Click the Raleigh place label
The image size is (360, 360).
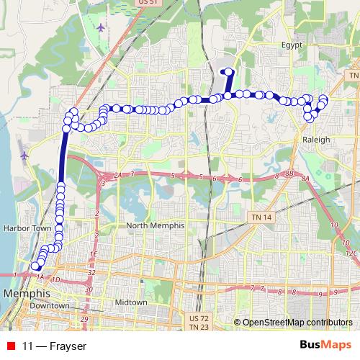pos(317,140)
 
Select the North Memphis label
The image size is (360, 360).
pos(156,225)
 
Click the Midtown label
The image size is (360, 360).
pos(131,302)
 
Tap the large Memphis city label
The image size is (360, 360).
pos(27,294)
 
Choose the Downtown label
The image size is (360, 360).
pos(50,305)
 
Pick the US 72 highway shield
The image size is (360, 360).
pos(197,318)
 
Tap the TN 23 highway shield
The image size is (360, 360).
pos(197,327)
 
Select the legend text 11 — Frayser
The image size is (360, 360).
pos(54,346)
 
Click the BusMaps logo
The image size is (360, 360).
pos(325,346)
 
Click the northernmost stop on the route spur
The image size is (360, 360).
pos(229,71)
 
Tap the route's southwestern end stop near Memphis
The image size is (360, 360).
pos(34,266)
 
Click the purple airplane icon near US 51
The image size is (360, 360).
pos(99,27)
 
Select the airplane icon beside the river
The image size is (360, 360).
pos(24,155)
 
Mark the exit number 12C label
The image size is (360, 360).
pos(351,253)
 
